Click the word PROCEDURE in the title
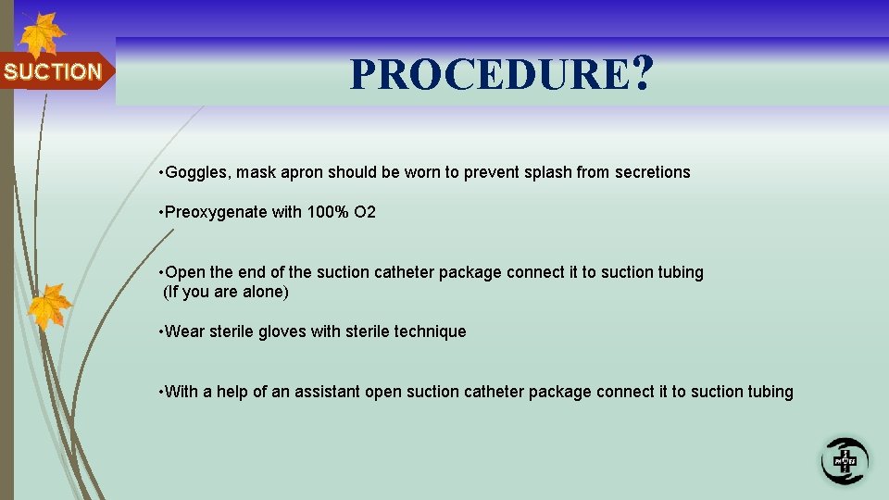[x=488, y=75]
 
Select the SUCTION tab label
[x=53, y=71]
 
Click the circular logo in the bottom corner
[x=845, y=460]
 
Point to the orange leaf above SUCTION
[x=42, y=34]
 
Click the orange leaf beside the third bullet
[x=49, y=306]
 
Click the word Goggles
[x=197, y=172]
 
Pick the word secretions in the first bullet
[x=653, y=172]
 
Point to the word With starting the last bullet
[x=182, y=392]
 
